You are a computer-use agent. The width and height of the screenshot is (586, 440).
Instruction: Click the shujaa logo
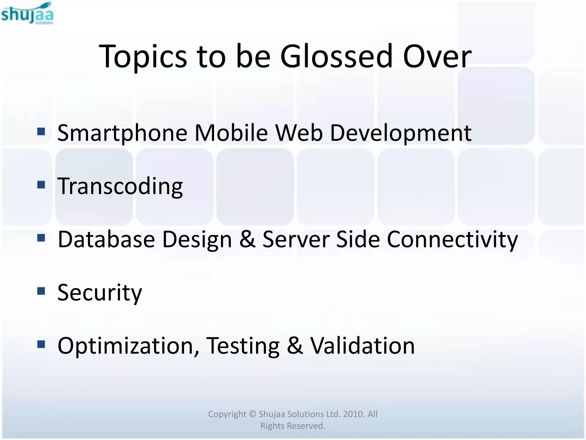point(27,14)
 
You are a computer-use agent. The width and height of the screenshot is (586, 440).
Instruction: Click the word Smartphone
point(122,133)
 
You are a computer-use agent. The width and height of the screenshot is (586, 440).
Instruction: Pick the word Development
point(401,133)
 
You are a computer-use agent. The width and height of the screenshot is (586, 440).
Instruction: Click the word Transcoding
point(120,186)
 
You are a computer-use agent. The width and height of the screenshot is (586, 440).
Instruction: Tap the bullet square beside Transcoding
point(41,185)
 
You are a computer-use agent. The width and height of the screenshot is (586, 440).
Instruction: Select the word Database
point(106,239)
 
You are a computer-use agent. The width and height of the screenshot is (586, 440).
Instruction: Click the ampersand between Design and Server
point(247,239)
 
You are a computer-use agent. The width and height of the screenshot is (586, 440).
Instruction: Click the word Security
point(100,293)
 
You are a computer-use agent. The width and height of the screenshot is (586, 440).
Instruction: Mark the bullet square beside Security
point(41,291)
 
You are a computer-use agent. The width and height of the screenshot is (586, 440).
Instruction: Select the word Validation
point(363,346)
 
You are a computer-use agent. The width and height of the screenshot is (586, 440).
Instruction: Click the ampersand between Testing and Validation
point(295,346)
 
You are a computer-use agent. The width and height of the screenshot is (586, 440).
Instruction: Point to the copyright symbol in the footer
point(252,414)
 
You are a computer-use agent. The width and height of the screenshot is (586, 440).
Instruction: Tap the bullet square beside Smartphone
point(41,131)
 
